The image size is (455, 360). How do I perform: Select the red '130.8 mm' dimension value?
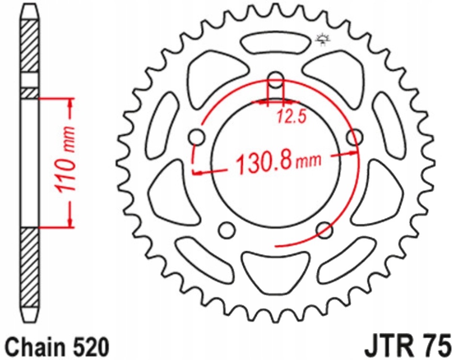277,163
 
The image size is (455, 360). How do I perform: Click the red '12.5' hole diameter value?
291,117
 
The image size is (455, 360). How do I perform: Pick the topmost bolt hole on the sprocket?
276,80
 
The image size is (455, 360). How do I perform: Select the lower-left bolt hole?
227,230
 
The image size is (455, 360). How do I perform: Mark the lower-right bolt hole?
325,230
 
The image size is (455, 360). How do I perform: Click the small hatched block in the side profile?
30,93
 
